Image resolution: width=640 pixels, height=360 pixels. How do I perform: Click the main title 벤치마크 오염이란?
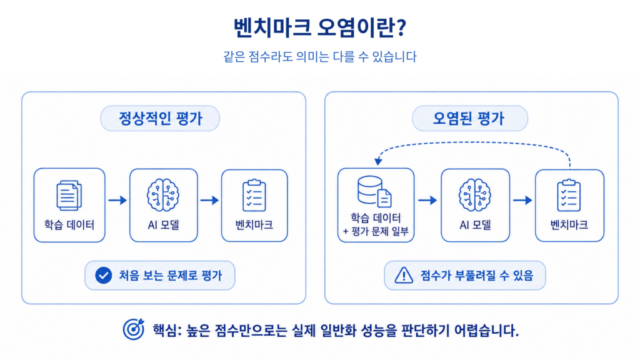pyautogui.click(x=319, y=27)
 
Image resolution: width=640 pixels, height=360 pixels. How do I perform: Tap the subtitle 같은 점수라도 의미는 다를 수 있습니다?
pyautogui.click(x=319, y=56)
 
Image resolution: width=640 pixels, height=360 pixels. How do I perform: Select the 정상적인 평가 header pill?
pyautogui.click(x=160, y=118)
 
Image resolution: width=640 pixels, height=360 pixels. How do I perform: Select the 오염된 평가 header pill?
pyautogui.click(x=470, y=118)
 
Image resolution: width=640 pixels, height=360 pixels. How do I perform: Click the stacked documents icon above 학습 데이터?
pyautogui.click(x=69, y=196)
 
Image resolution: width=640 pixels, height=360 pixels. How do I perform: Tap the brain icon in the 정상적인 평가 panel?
pyautogui.click(x=163, y=195)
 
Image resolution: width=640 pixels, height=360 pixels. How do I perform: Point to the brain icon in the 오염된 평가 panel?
pyautogui.click(x=475, y=195)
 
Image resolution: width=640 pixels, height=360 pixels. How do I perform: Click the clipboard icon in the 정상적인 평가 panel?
pyautogui.click(x=254, y=195)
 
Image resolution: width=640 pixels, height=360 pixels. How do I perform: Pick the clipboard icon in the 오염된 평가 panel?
pyautogui.click(x=569, y=195)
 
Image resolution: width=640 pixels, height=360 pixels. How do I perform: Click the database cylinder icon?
pyautogui.click(x=370, y=189)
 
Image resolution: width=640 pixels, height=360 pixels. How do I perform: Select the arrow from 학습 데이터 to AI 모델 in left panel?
pyautogui.click(x=117, y=200)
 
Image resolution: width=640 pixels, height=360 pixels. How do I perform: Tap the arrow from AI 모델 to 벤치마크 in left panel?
pyautogui.click(x=210, y=200)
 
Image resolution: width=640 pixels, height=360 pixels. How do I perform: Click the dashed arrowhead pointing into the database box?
pyautogui.click(x=378, y=161)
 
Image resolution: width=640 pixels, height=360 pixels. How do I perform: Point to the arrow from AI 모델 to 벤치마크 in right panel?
pyautogui.click(x=523, y=200)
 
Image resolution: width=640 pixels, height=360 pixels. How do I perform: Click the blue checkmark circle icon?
pyautogui.click(x=104, y=276)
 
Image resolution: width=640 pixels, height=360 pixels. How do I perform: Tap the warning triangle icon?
pyautogui.click(x=404, y=275)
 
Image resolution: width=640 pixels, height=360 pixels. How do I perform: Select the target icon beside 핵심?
pyautogui.click(x=134, y=329)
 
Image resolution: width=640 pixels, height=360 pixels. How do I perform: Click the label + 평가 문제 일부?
pyautogui.click(x=376, y=232)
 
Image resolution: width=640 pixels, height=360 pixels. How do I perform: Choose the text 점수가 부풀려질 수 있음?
pyautogui.click(x=477, y=276)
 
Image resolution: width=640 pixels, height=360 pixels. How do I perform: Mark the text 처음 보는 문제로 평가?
pyautogui.click(x=171, y=276)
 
